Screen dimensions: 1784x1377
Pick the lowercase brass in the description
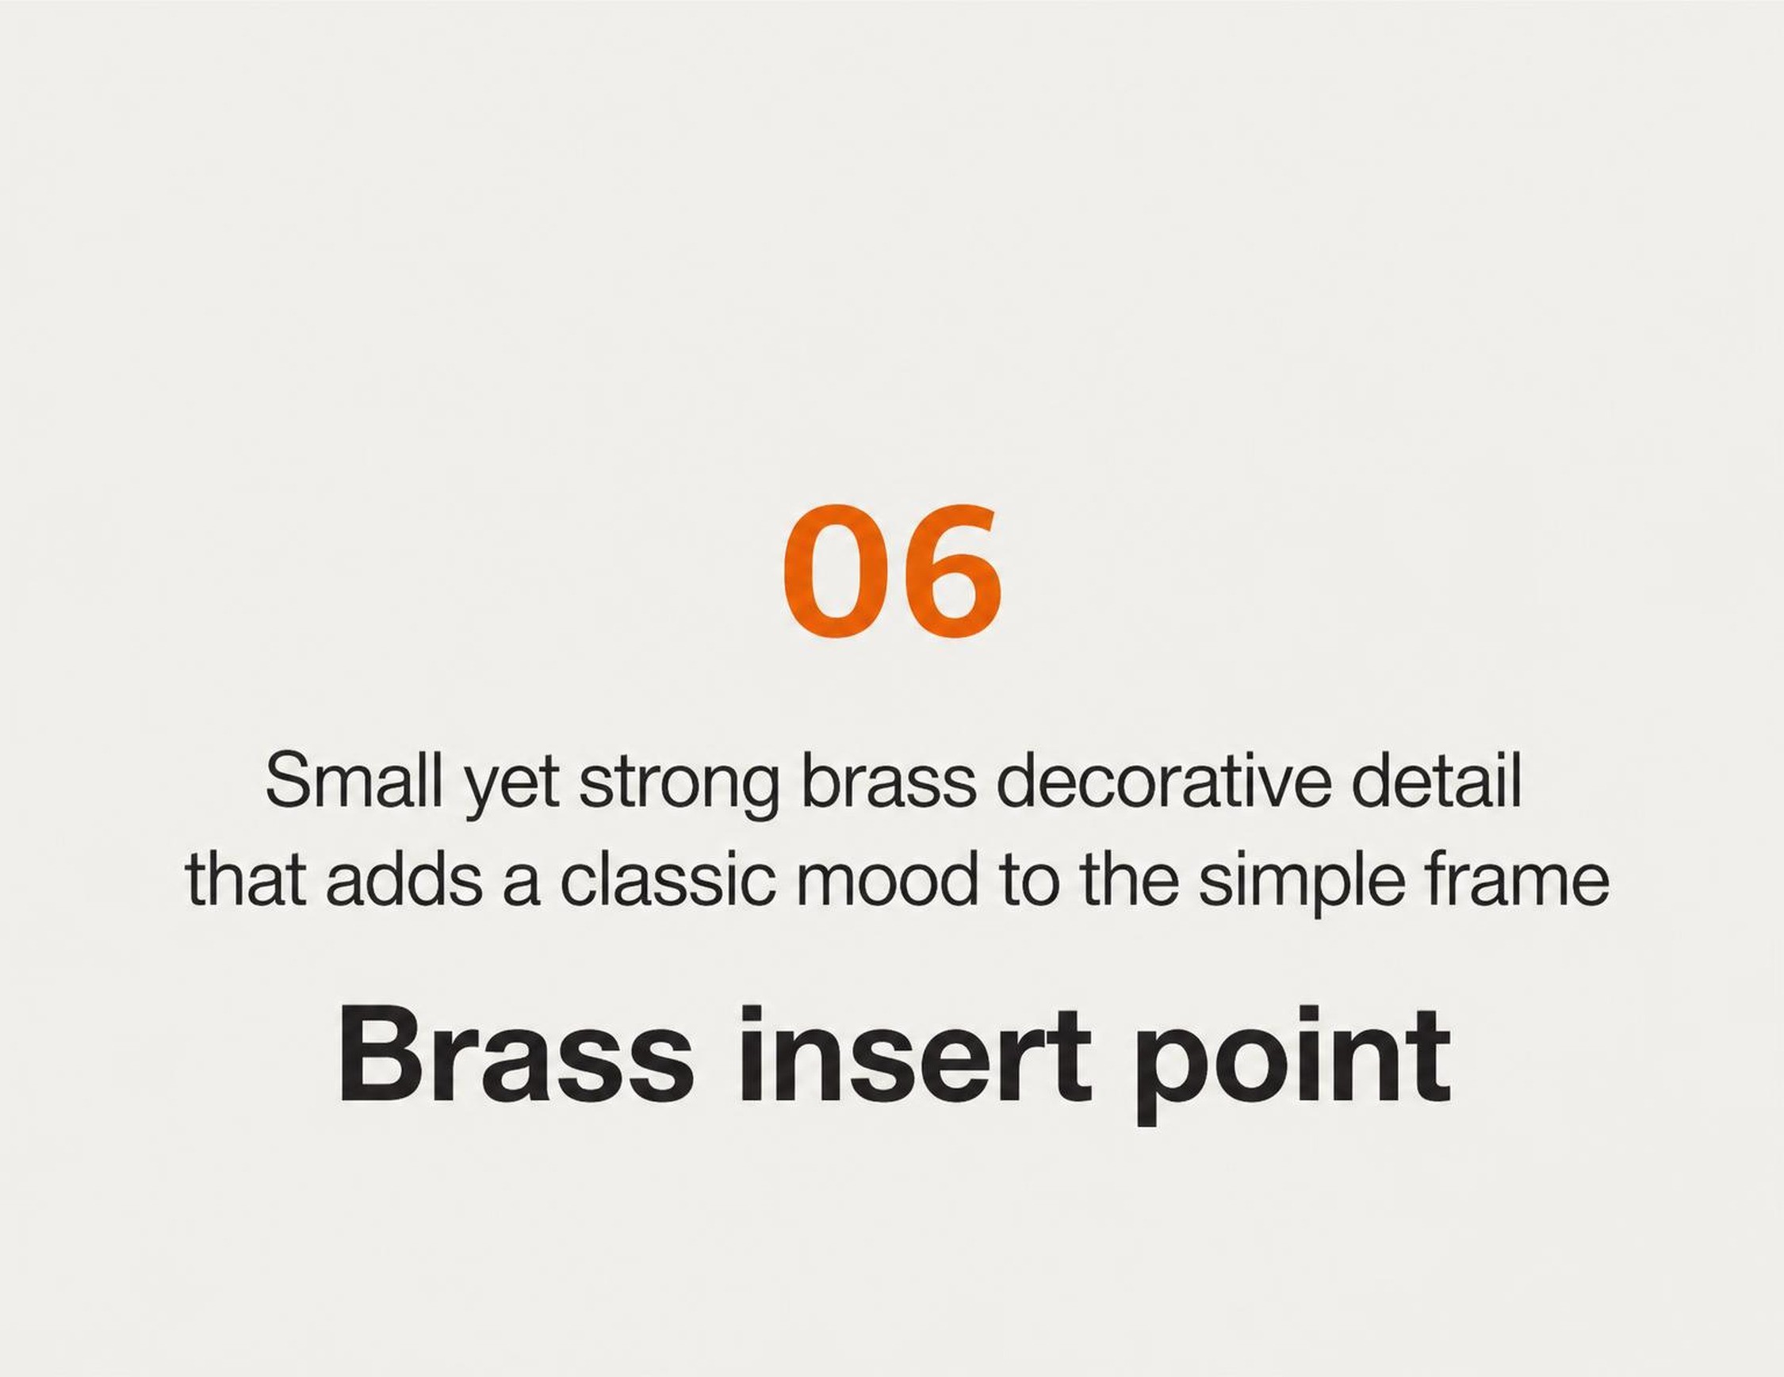coord(890,782)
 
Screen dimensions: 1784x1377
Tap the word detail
coord(1437,782)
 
